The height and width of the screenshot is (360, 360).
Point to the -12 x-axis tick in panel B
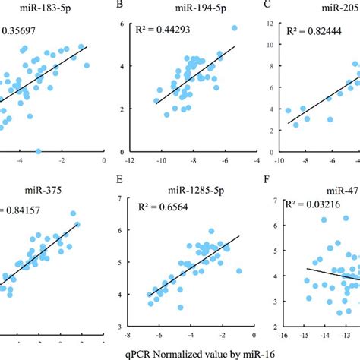tap(130, 161)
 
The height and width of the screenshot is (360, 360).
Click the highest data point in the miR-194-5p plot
tap(235, 28)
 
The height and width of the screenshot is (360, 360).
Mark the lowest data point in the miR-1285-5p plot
tap(180, 308)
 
